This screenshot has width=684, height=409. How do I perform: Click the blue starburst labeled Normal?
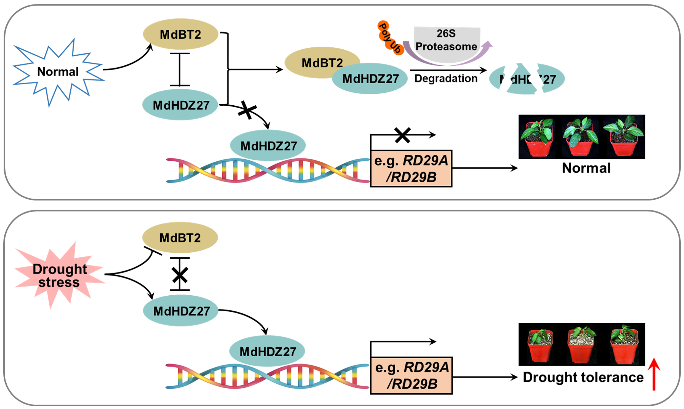click(x=58, y=72)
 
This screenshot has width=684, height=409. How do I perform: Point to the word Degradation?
click(x=446, y=79)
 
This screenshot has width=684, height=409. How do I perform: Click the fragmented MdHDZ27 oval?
click(x=527, y=79)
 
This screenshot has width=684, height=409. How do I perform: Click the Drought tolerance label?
click(x=583, y=377)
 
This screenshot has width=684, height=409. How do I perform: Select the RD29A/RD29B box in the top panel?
click(x=411, y=169)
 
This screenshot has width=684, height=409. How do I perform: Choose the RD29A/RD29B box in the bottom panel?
click(x=412, y=376)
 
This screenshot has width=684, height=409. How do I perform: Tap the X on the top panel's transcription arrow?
click(x=402, y=135)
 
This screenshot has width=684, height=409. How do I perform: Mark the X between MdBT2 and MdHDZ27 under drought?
click(x=180, y=275)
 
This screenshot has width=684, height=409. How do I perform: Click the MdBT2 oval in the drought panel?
click(x=180, y=237)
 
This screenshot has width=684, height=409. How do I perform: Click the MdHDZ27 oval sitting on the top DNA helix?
click(x=268, y=146)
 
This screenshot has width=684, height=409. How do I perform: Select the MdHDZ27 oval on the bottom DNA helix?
click(x=267, y=351)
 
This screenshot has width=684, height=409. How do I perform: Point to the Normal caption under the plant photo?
click(x=586, y=168)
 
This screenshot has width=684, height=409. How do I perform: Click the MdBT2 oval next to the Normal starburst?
click(x=181, y=34)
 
